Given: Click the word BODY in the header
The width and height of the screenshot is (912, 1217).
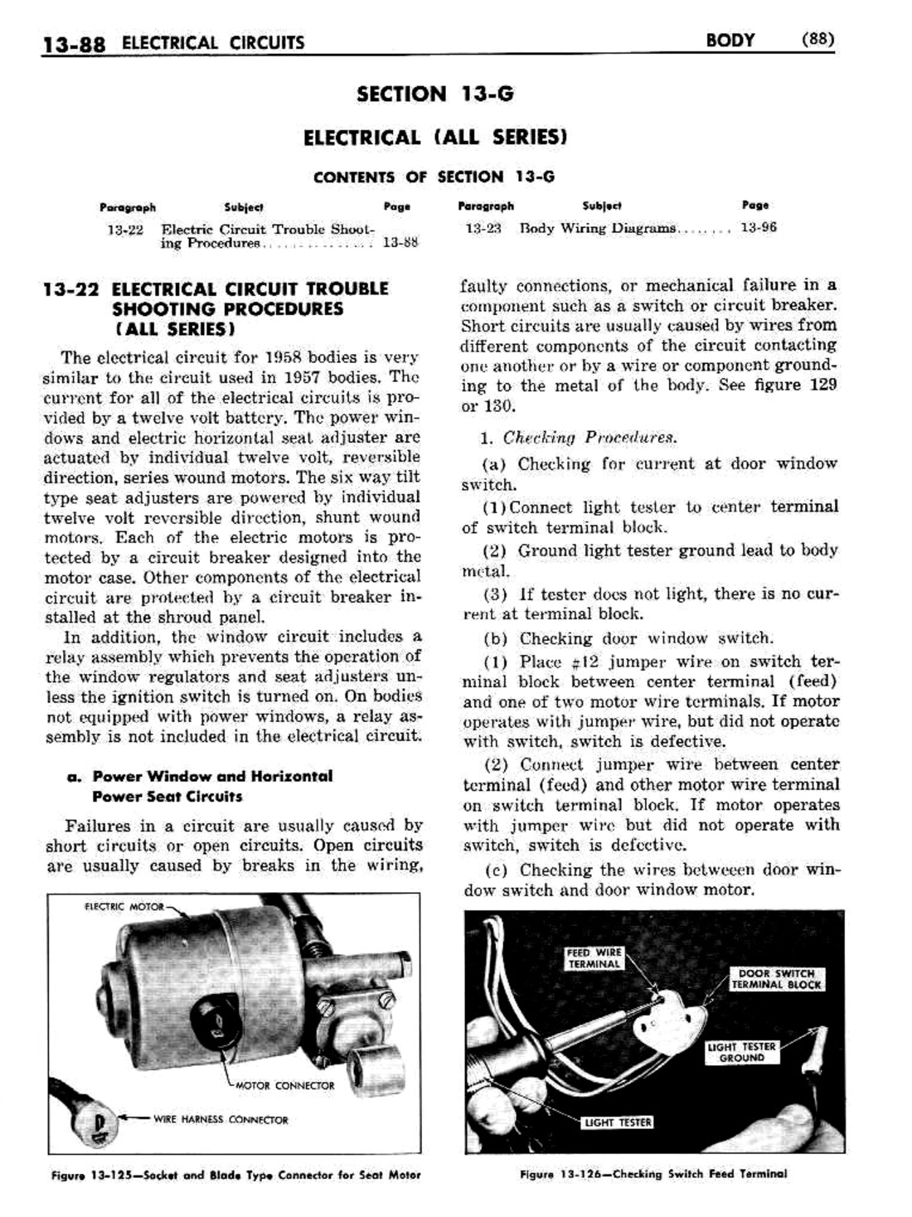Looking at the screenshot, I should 730,40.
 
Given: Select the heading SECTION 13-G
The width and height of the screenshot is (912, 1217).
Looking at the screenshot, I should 434,94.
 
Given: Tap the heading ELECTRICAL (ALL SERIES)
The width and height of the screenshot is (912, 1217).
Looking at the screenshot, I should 434,137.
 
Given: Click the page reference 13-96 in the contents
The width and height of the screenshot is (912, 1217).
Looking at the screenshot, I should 758,227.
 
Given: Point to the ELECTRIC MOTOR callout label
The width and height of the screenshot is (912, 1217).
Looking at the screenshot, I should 124,907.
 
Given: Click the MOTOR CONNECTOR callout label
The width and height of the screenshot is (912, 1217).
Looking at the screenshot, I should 285,1085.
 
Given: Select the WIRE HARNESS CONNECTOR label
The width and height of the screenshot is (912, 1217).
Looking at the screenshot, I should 220,1119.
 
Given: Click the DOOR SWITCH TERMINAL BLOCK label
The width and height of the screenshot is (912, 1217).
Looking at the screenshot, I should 776,979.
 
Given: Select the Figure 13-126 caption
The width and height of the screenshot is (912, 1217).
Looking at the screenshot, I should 653,1173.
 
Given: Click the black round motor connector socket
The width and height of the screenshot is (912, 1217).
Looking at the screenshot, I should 216,1016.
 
